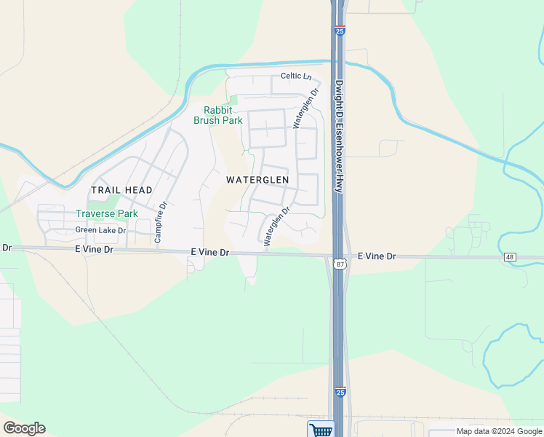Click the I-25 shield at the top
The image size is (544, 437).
point(340,31)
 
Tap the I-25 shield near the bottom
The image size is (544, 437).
point(340,393)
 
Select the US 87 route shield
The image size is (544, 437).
point(340,264)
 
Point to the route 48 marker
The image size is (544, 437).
point(511,258)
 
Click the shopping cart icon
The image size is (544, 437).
point(320,430)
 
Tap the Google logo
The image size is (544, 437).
point(24,428)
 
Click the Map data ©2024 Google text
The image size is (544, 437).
point(499,431)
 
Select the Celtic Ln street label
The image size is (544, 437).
point(296,77)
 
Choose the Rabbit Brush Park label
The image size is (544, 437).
point(218,116)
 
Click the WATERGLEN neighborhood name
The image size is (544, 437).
point(257,179)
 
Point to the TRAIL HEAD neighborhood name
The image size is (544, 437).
point(121,190)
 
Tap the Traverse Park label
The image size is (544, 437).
point(107,214)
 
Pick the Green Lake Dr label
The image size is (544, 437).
point(100,230)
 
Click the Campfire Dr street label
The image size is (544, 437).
point(162,222)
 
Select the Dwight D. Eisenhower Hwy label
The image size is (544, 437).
point(339,135)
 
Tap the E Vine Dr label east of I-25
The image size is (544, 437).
point(377,256)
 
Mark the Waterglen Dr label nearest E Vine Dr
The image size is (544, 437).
point(277,226)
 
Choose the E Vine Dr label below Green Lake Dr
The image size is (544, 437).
point(94,249)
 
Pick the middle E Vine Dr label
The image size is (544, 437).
point(209,252)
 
